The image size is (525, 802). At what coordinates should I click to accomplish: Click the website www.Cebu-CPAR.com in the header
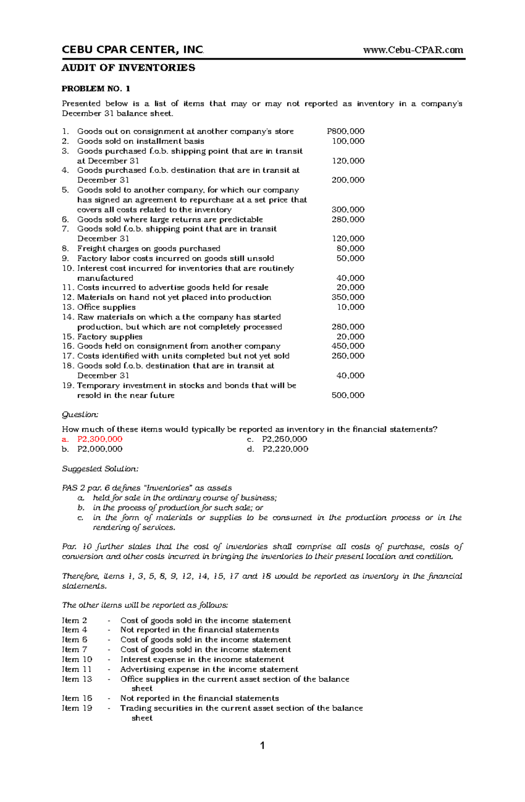point(413,50)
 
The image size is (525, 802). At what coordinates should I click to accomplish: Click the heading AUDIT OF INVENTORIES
point(128,68)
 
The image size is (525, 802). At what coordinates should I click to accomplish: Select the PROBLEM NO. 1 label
point(96,89)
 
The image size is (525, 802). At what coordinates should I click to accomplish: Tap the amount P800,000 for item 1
point(346,131)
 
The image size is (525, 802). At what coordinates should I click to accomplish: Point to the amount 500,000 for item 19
point(348,395)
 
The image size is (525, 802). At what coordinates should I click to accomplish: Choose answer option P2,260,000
point(284,439)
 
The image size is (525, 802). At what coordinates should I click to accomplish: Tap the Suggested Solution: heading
point(100,469)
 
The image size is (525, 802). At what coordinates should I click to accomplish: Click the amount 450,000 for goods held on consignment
point(348,346)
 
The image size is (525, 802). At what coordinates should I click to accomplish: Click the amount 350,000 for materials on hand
point(348,297)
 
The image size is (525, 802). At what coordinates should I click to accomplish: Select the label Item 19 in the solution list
point(77,708)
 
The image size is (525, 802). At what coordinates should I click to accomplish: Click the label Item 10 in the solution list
point(77,659)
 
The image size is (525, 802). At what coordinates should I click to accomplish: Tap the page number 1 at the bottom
point(262,745)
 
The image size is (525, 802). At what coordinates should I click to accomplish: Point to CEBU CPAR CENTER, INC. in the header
point(133,50)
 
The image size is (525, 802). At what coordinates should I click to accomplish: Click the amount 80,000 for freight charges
point(350,248)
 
